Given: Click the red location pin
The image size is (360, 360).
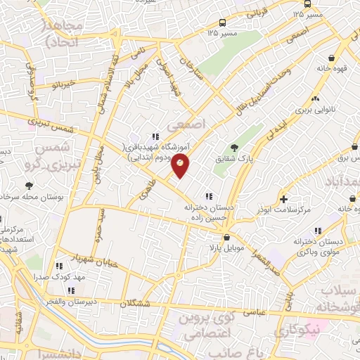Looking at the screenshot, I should pos(181,167).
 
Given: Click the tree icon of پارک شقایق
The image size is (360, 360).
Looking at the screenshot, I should pos(234,147).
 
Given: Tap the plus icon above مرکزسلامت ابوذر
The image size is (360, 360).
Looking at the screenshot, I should pos(283,199).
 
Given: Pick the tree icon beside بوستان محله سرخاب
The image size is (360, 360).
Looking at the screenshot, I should pos(29,186).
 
